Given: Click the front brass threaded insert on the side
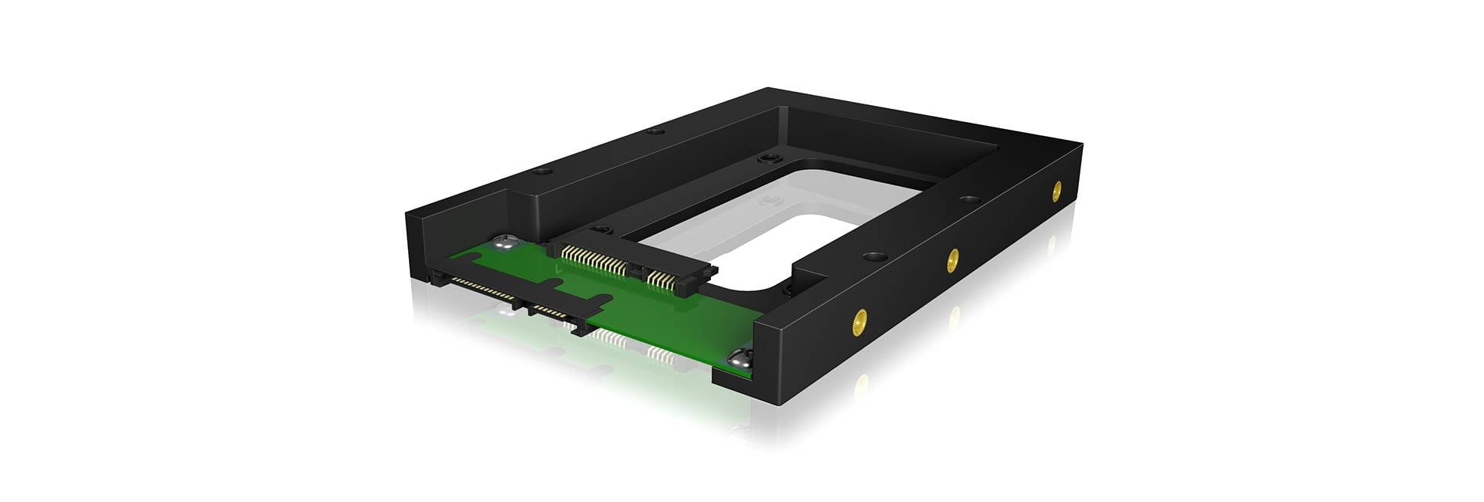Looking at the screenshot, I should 858,321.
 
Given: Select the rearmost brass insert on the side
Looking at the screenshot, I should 1057,190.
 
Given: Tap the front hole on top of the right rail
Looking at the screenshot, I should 873,256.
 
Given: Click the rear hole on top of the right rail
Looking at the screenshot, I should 970,200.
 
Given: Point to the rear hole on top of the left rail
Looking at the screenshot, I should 655,131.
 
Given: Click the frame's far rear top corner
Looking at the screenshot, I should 768,89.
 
